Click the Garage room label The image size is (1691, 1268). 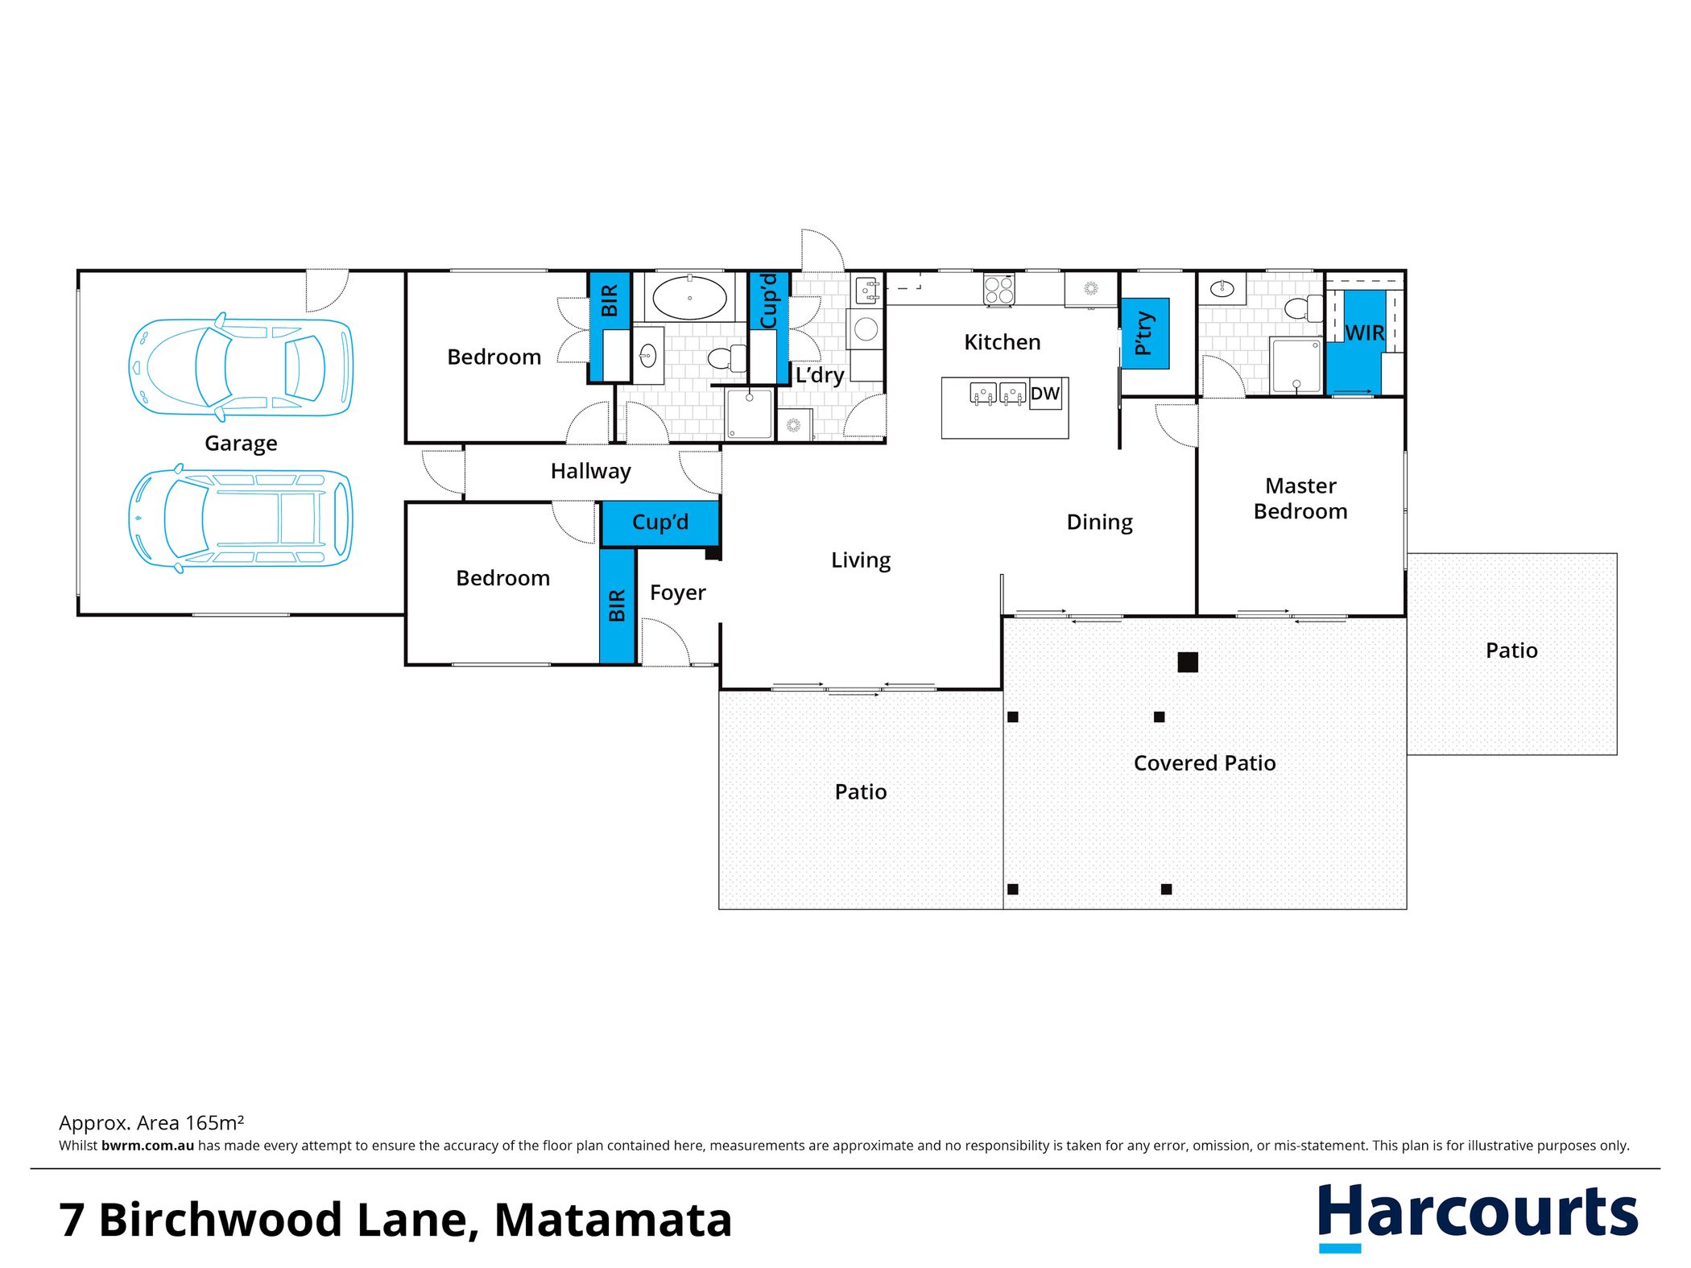point(241,444)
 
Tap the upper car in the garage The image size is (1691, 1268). point(241,367)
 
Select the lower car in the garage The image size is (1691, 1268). point(240,518)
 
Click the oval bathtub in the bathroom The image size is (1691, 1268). point(689,298)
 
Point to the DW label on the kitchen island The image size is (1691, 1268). point(1044,394)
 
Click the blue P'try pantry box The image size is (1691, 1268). point(1145,333)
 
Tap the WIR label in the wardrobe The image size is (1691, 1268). point(1364,332)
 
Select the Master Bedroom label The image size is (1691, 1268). point(1300,498)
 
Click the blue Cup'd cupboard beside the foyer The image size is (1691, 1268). point(660,523)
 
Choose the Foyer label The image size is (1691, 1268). point(677,593)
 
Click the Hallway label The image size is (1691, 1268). point(590,472)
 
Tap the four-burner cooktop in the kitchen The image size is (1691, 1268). point(999,290)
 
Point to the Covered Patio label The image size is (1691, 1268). point(1205,763)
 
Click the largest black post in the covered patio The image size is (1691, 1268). point(1188,662)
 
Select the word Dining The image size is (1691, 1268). point(1099,523)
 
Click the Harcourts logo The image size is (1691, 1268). point(1478,1216)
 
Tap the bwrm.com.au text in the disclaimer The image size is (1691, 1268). point(147,1146)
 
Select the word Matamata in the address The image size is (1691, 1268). point(613,1220)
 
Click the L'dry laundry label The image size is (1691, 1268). point(820,376)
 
